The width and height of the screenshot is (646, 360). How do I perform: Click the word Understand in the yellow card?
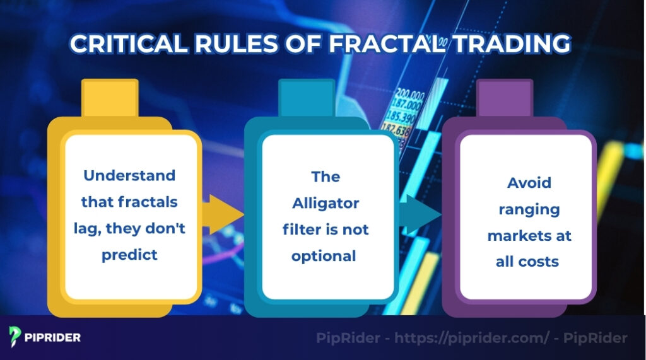129,175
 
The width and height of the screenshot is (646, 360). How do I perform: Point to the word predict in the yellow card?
129,254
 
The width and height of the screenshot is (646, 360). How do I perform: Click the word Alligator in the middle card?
326,203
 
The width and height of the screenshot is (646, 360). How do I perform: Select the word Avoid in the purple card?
529,183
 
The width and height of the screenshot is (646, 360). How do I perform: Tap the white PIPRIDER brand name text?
55,337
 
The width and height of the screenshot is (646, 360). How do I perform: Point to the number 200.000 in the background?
409,94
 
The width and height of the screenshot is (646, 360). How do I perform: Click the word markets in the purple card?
529,235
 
